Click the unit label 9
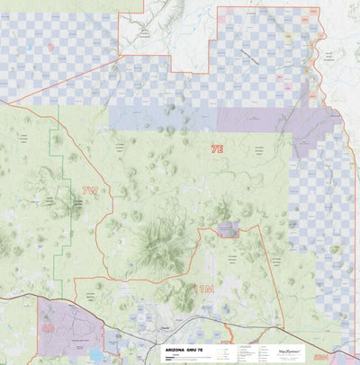click(x=50, y=46)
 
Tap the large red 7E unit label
click(x=217, y=147)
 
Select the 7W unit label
click(x=89, y=191)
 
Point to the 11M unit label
click(x=204, y=289)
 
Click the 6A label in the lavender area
click(x=48, y=328)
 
